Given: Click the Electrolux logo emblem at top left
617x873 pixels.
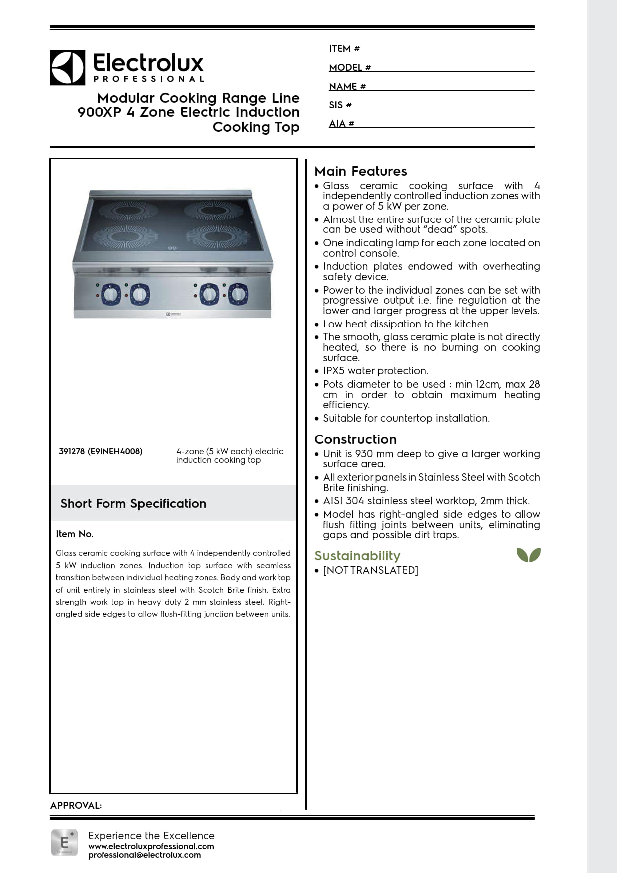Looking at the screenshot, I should tap(67, 67).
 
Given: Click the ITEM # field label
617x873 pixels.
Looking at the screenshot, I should tap(344, 48).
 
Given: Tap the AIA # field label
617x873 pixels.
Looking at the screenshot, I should tap(341, 123).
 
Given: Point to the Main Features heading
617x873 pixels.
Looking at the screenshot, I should tap(360, 171).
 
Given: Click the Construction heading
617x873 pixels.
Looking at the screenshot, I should tap(355, 439).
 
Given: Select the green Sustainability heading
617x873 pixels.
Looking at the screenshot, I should tap(357, 555).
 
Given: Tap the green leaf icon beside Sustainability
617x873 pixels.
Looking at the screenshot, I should tap(528, 554).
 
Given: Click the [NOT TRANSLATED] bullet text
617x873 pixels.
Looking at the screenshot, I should tap(370, 570).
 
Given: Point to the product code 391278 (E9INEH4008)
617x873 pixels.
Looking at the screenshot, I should tap(101, 451).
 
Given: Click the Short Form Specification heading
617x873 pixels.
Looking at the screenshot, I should tap(133, 503).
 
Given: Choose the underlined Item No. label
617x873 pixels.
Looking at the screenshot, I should tap(74, 534).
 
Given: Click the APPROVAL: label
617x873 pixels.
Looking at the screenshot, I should tap(76, 805).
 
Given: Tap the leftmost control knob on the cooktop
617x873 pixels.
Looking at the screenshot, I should tap(110, 294).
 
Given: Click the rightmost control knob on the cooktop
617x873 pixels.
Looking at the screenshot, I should tap(238, 294).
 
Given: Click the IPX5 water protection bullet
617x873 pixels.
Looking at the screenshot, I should tap(375, 371).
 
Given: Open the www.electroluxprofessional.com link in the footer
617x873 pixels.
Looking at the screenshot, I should tap(151, 846).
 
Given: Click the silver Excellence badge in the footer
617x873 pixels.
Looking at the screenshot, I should tap(64, 842).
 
